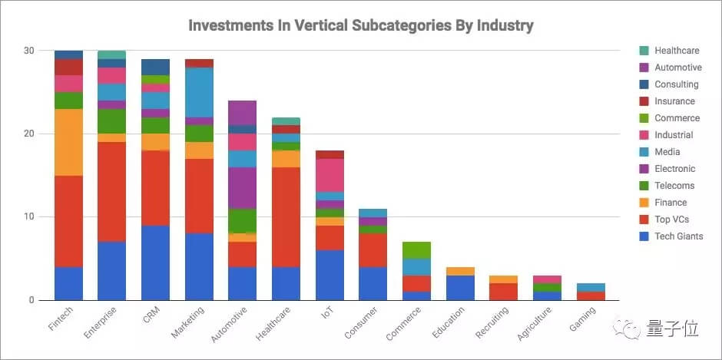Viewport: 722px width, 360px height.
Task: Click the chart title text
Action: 360,25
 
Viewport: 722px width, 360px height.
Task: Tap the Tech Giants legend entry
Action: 678,236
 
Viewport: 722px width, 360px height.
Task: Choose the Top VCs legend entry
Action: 671,220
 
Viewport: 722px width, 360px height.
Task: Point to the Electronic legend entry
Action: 674,169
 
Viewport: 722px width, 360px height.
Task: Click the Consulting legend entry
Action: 676,84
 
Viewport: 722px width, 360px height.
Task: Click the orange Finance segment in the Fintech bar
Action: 68,142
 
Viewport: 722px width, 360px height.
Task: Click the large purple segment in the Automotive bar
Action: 243,187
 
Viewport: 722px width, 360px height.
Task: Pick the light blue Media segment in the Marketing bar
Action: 200,92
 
